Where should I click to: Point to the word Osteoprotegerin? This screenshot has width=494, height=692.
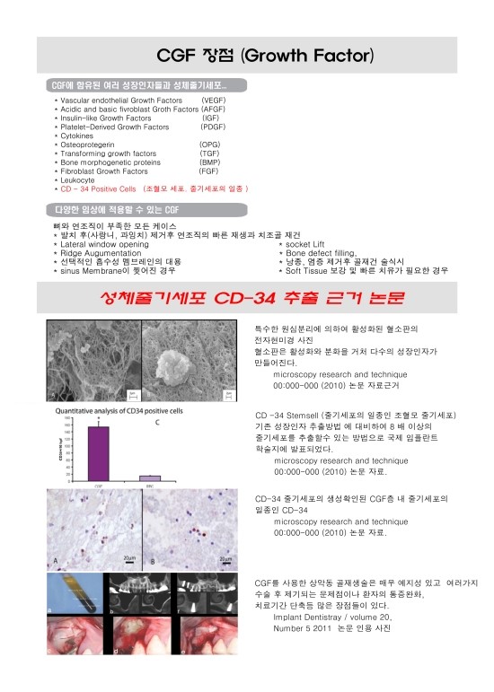[x=87, y=145]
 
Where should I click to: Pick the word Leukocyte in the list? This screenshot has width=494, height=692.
[x=81, y=180]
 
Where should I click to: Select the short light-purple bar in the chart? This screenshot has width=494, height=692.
[x=149, y=478]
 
